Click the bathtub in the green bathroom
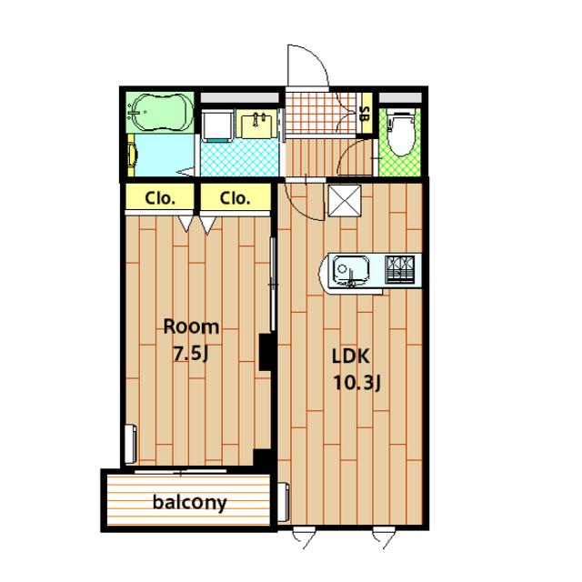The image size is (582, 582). click(x=160, y=112)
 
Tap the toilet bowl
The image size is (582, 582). click(x=400, y=134)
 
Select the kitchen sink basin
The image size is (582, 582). click(x=351, y=271)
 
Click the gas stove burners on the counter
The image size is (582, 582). click(x=400, y=270)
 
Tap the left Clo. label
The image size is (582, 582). click(x=160, y=198)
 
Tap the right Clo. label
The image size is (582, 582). click(x=235, y=198)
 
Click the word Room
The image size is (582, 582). click(x=191, y=327)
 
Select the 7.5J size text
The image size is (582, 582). click(x=191, y=354)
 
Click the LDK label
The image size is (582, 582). click(x=350, y=356)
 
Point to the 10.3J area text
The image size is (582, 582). click(x=356, y=383)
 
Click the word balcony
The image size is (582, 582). click(x=189, y=503)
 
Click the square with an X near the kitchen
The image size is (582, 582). click(x=345, y=200)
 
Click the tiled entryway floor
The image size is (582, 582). click(x=321, y=113)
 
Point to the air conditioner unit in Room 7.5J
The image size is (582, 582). click(x=131, y=444)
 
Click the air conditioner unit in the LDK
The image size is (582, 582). click(x=284, y=502)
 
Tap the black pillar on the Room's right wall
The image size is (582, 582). click(x=266, y=352)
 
